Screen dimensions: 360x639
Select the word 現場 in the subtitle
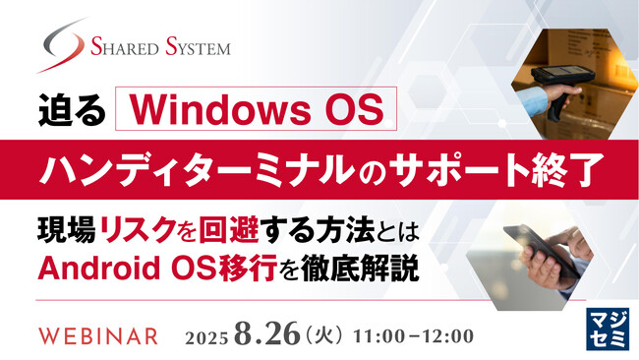(x=61, y=230)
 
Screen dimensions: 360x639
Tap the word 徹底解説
(x=373, y=267)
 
